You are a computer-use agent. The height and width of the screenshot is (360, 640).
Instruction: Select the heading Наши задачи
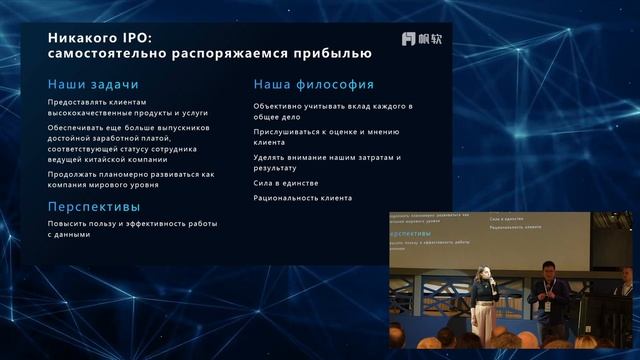pos(93,84)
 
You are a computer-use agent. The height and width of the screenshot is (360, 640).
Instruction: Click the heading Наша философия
pos(314,84)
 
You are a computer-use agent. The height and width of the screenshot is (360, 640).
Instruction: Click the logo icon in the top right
pos(408,39)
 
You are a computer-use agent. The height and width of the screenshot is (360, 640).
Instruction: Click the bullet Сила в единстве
pos(285,184)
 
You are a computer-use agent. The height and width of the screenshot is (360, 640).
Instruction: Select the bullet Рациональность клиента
pos(302,198)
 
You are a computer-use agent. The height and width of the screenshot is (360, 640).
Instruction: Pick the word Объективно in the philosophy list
pos(277,105)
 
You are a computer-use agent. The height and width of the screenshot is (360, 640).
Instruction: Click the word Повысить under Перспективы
pos(67,223)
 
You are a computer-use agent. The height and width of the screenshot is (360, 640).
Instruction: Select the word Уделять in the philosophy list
pos(270,157)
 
